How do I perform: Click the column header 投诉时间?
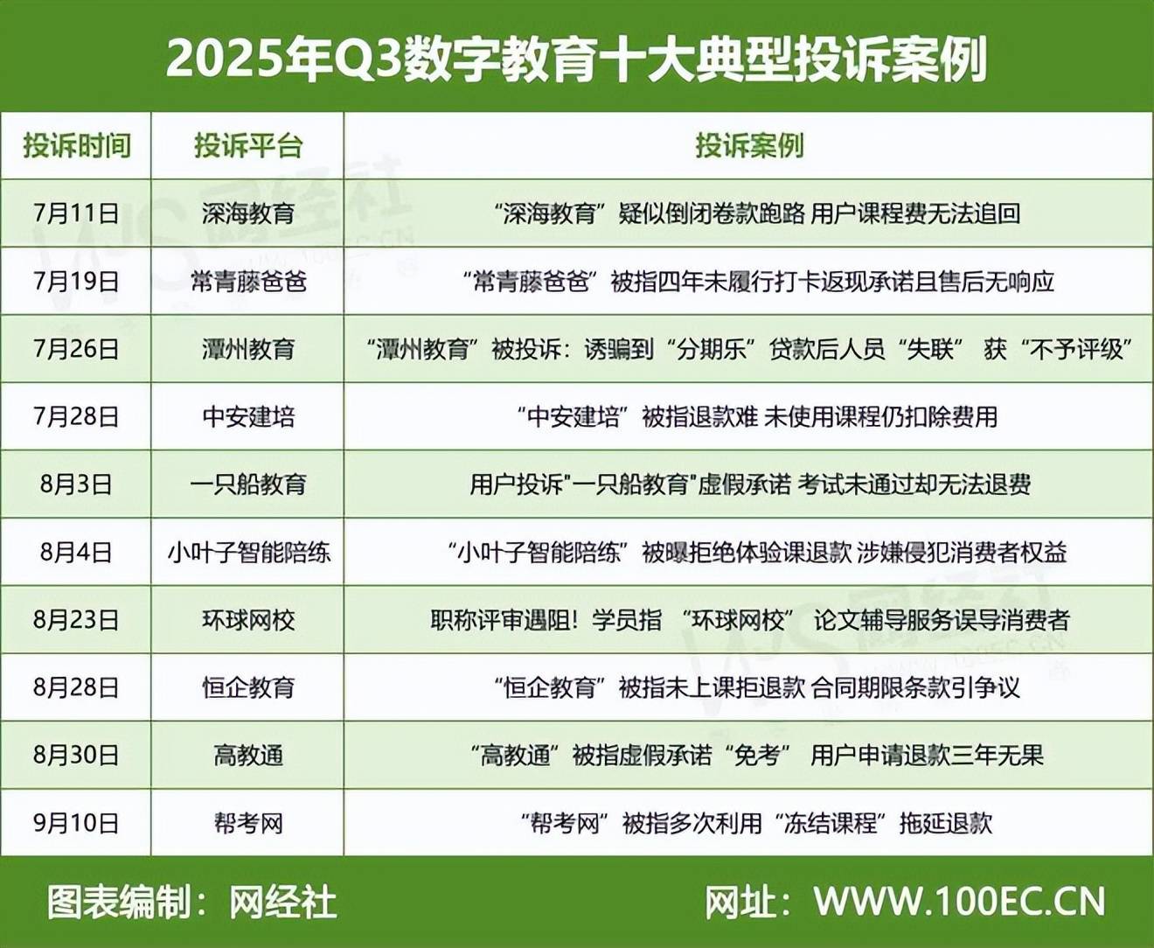[x=77, y=145]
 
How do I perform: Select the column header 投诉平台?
[x=248, y=145]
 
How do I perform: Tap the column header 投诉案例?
[x=749, y=145]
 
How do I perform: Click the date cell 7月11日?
[x=76, y=213]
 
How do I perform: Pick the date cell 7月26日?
[x=76, y=349]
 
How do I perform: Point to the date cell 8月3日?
[x=76, y=484]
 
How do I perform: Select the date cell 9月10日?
[x=76, y=823]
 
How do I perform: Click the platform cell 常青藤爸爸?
[x=248, y=282]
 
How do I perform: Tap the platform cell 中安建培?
[x=248, y=416]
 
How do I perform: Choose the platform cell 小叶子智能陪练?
[x=248, y=552]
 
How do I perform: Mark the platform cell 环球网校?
[x=248, y=620]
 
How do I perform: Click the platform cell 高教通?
[x=248, y=756]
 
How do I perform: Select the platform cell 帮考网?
[x=248, y=823]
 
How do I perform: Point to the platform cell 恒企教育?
[x=248, y=688]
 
